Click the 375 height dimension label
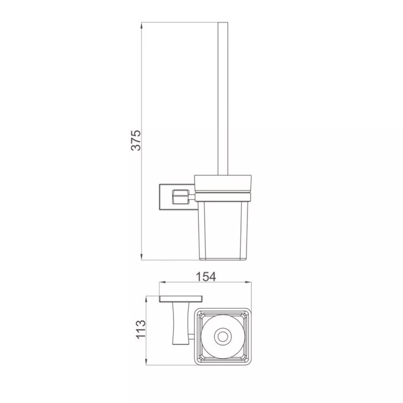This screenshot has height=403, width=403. point(136,140)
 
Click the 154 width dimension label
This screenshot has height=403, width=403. point(206,277)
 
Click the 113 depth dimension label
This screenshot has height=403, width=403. point(140,329)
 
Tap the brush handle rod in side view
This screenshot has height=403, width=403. point(223,98)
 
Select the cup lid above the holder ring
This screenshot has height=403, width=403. point(223,183)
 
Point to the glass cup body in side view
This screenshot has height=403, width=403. point(223,230)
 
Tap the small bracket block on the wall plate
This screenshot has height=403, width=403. point(180,197)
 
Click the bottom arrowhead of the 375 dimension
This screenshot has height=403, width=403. point(142,257)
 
